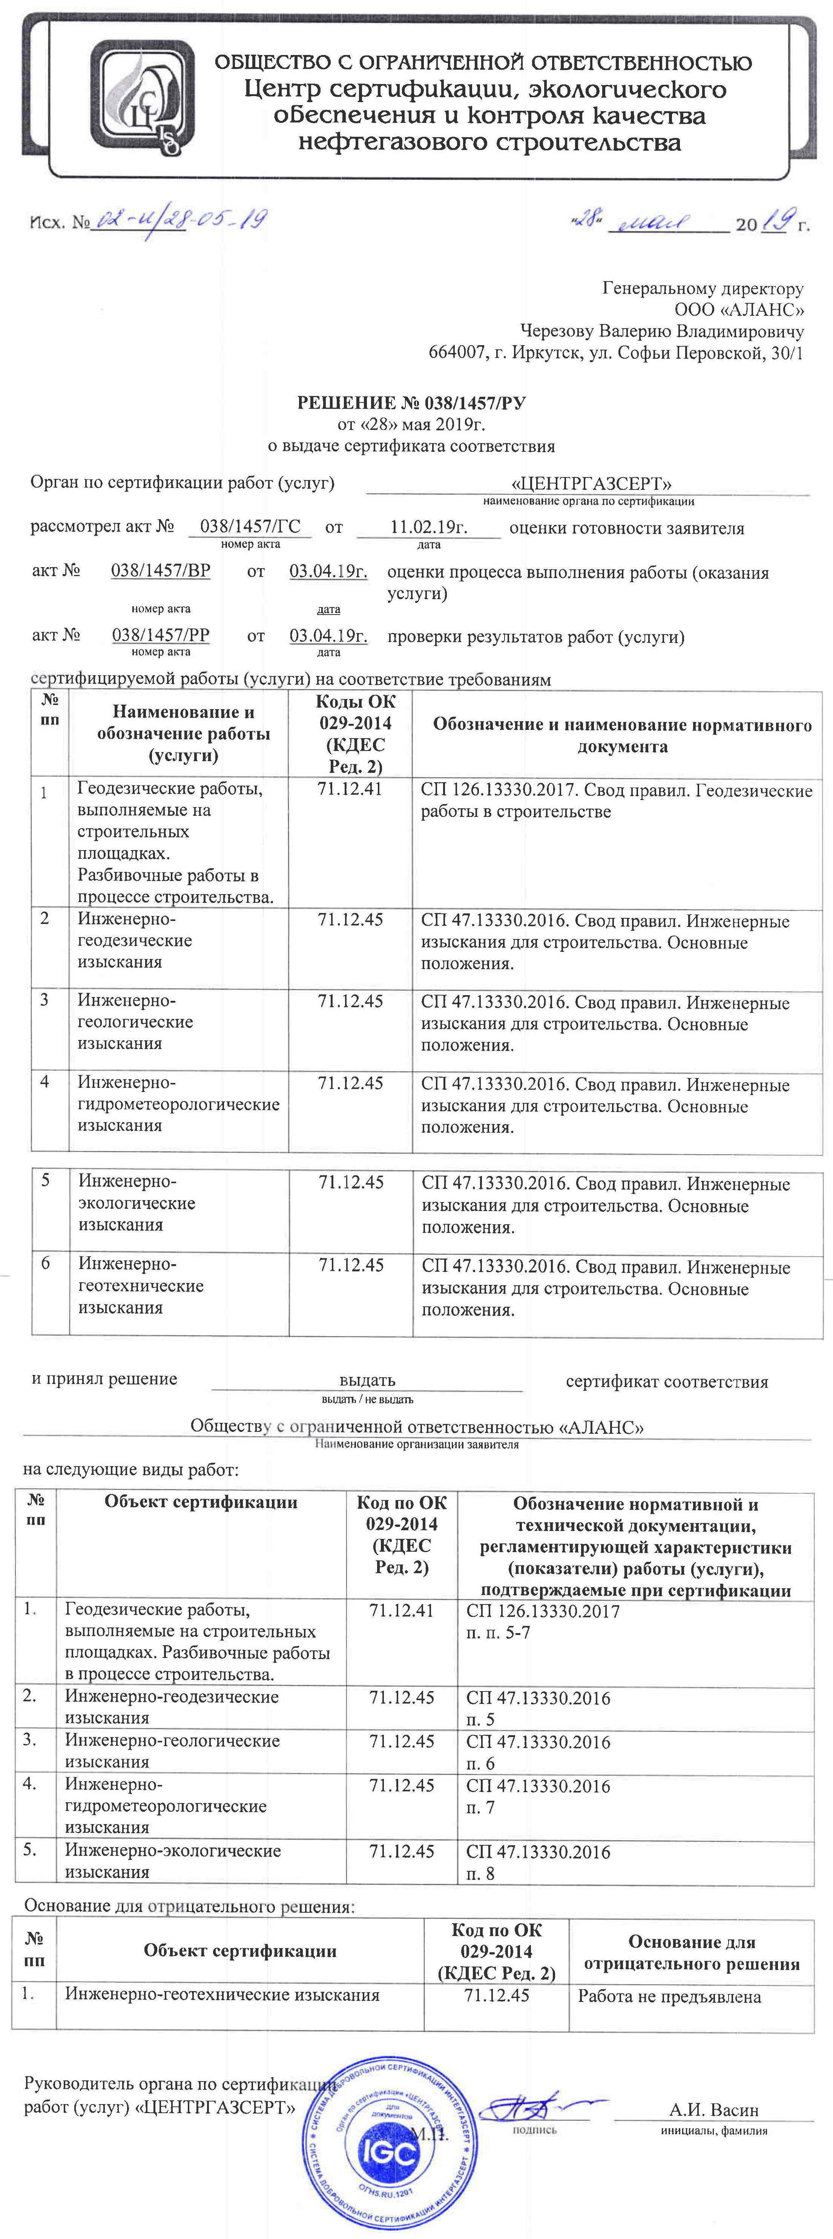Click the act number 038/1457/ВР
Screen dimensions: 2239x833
pyautogui.click(x=161, y=571)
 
